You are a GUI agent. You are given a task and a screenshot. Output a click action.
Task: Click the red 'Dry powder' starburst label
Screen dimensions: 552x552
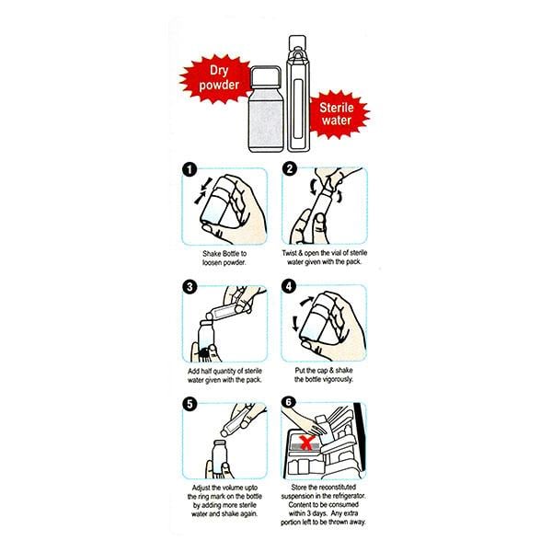click(215, 79)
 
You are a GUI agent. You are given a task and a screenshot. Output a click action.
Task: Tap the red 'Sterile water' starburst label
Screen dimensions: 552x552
click(338, 114)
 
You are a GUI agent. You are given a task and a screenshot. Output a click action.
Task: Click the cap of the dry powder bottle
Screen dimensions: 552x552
click(266, 77)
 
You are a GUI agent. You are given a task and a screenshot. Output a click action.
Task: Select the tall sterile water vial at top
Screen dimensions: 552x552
click(298, 94)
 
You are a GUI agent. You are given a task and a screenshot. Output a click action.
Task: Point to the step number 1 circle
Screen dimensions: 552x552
click(190, 170)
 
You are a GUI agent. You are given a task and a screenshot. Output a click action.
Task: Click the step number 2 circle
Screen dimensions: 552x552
click(290, 169)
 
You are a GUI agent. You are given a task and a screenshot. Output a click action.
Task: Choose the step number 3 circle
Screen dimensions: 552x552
click(190, 287)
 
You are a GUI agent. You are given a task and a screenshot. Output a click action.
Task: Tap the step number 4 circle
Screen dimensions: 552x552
click(289, 286)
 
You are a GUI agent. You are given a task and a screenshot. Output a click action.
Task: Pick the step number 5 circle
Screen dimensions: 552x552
click(190, 404)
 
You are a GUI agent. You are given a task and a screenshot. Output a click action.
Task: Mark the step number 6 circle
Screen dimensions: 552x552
click(289, 402)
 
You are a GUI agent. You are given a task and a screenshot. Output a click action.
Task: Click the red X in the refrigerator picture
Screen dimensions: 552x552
click(306, 443)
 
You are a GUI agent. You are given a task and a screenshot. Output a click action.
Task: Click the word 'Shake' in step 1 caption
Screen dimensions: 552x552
click(212, 254)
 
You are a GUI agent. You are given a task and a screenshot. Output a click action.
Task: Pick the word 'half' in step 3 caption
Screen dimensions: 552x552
click(206, 371)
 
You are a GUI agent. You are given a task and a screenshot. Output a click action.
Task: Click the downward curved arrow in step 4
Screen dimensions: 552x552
click(295, 323)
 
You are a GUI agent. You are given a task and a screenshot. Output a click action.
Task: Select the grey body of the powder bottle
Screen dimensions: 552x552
click(266, 121)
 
